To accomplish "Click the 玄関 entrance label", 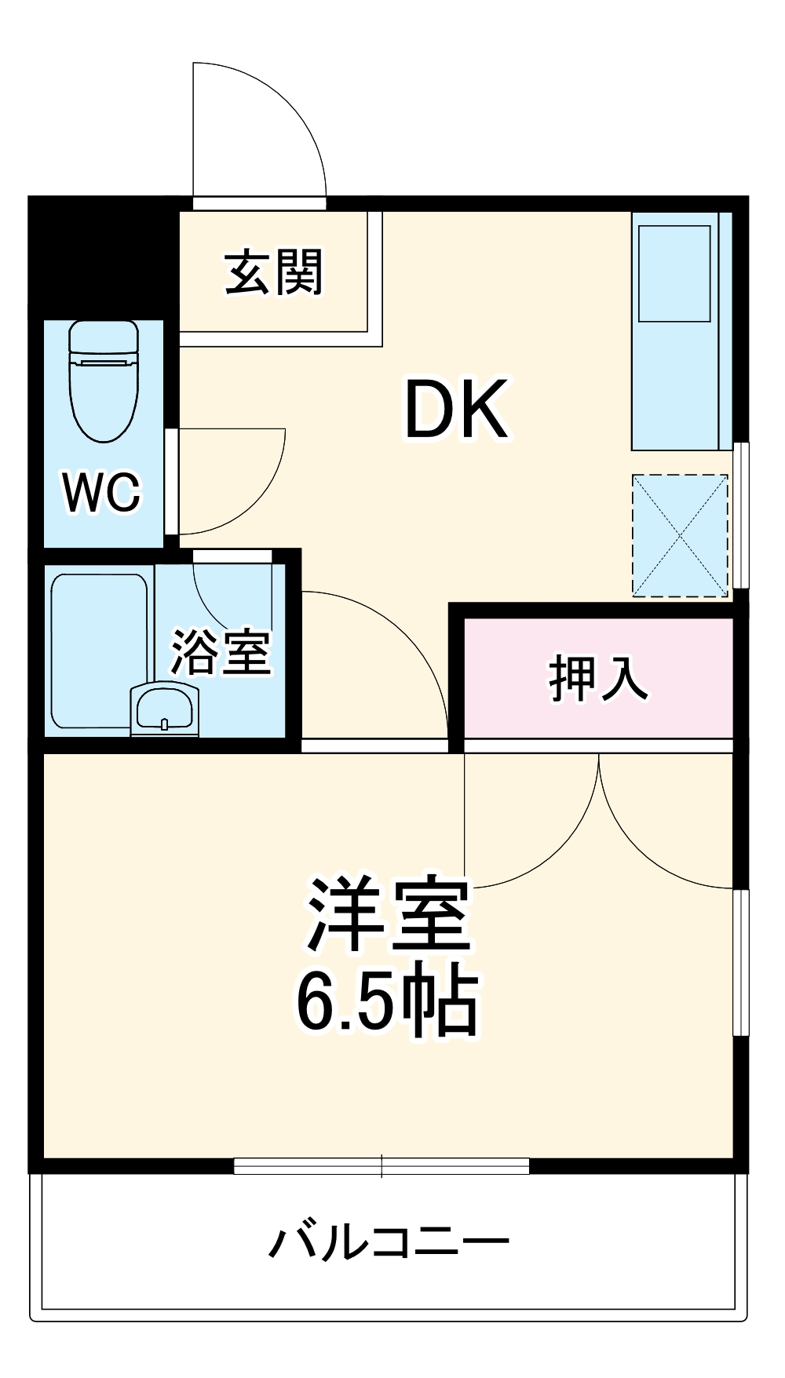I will (274, 272).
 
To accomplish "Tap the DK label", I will (456, 409).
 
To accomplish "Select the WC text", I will (101, 493).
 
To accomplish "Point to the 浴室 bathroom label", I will (221, 653).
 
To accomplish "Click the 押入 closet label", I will (598, 678).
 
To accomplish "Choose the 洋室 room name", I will (389, 915).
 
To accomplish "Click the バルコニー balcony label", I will (389, 1243).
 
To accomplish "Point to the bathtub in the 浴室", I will (99, 651).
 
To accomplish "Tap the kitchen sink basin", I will (674, 273).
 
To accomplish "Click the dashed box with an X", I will (681, 535).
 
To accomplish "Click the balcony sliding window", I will (382, 1166).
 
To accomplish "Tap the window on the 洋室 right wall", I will (740, 962).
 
